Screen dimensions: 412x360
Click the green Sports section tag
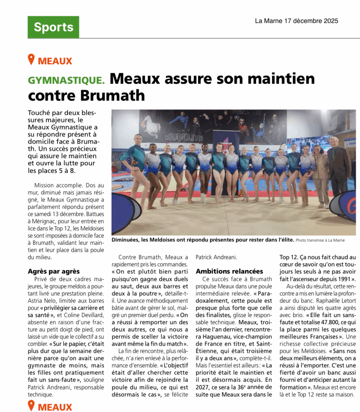(x=53, y=27)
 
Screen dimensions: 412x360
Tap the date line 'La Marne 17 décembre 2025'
(x=296, y=21)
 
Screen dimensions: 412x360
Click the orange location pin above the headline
(x=31, y=60)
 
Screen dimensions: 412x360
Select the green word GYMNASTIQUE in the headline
(x=66, y=80)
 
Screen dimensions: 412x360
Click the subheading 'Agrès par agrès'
(x=53, y=271)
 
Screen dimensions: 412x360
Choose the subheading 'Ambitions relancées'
(x=229, y=271)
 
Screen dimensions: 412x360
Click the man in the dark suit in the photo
(x=338, y=169)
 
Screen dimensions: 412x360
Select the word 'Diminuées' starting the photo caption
(x=126, y=240)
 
